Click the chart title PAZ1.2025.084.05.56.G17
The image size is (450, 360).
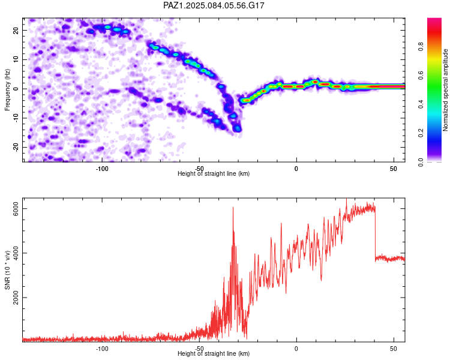214,5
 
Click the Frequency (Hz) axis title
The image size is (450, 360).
7,90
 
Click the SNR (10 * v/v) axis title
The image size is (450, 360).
7,270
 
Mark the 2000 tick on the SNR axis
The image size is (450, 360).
17,298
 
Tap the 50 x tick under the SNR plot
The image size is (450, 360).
394,348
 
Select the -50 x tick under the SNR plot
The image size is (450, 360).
199,348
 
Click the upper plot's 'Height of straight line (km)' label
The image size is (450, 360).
214,173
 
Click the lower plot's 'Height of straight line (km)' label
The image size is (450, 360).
214,353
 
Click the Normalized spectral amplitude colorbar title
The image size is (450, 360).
446,90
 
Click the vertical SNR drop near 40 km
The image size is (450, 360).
376,234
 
